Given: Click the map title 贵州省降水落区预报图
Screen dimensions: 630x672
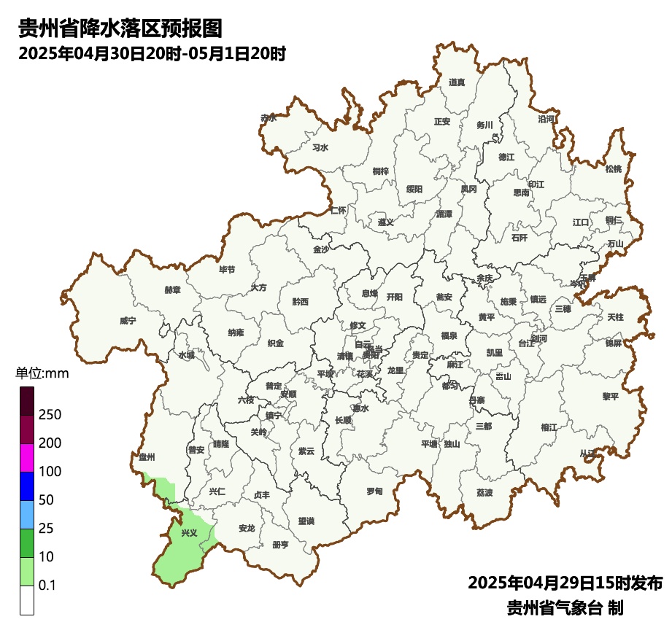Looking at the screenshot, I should click(x=120, y=28).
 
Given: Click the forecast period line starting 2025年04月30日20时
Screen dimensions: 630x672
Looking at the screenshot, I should click(x=151, y=53).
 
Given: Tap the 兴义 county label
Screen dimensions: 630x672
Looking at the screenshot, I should click(x=189, y=533).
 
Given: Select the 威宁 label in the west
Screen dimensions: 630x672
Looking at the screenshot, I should click(x=128, y=320).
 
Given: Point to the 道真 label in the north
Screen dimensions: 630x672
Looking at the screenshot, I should click(x=457, y=82).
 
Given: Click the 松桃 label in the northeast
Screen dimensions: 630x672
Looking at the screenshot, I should click(x=614, y=169).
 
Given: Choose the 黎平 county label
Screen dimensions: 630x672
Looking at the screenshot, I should click(x=610, y=396).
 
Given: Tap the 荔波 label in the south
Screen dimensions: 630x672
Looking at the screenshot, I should click(x=484, y=492).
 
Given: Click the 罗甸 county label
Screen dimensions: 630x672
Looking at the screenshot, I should click(x=374, y=490).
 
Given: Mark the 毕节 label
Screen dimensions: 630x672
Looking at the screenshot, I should click(x=227, y=270).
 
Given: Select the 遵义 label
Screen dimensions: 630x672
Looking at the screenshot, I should click(x=385, y=222).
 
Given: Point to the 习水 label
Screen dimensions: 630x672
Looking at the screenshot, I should click(x=320, y=147).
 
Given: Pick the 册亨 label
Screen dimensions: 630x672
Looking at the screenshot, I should click(x=280, y=544).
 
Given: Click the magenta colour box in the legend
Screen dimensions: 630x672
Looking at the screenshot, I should click(x=27, y=457).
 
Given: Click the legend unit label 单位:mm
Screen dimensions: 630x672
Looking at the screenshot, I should click(x=42, y=374).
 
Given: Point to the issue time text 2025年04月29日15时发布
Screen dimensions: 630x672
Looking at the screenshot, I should click(x=565, y=583).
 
